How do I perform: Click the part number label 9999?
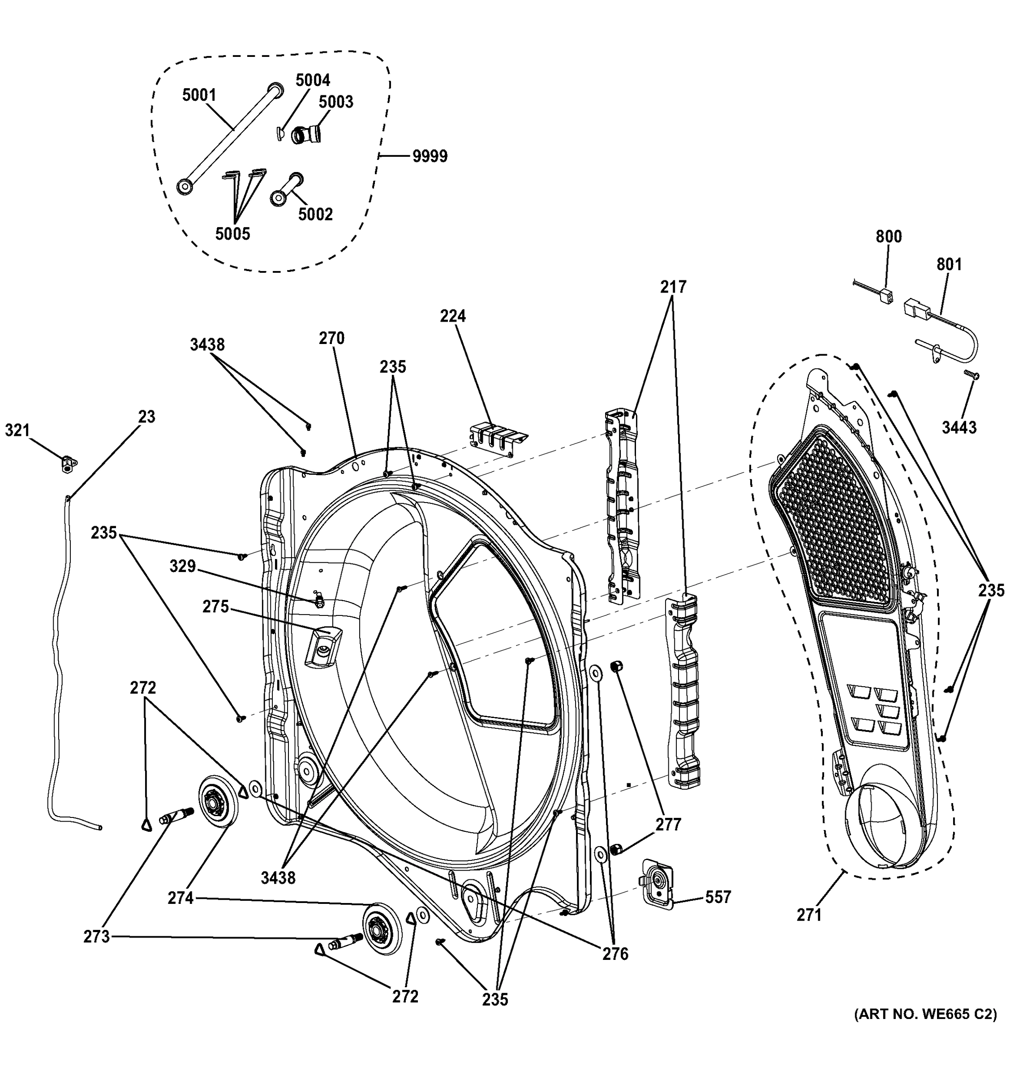[430, 157]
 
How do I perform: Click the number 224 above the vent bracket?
[452, 316]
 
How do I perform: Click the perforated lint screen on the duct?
[833, 519]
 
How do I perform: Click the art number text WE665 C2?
[925, 1015]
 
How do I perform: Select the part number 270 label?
[331, 339]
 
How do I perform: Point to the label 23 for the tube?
[146, 417]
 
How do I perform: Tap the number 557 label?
[718, 898]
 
